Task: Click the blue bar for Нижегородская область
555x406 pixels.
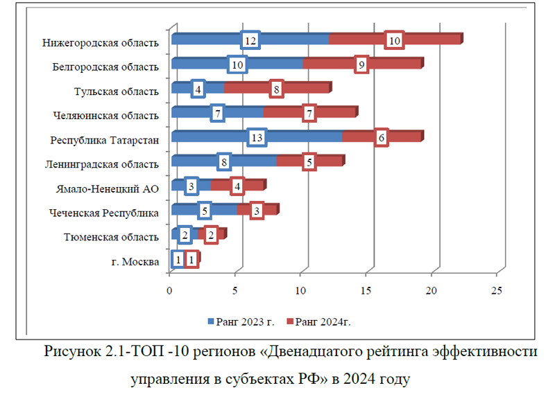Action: tap(208, 39)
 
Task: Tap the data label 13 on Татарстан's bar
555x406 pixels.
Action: tap(257, 138)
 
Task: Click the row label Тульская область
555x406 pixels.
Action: tap(117, 91)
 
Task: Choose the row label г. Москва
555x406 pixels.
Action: tap(135, 261)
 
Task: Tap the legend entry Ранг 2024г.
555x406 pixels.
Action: tap(327, 321)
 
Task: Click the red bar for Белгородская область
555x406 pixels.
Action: tap(395, 64)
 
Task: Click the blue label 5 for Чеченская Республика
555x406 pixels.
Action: tap(203, 211)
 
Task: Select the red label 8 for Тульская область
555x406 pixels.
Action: tap(276, 89)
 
